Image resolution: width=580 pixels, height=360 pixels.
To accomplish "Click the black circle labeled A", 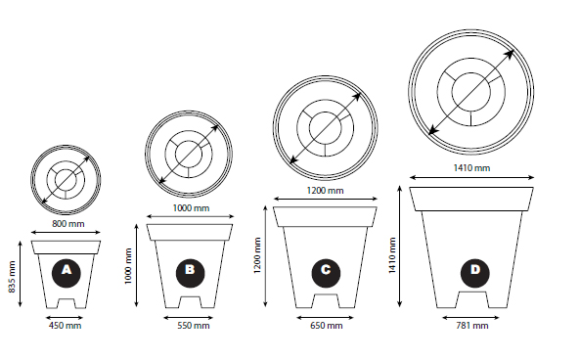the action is click(x=67, y=273).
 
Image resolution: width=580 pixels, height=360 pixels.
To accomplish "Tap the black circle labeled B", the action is click(x=190, y=273).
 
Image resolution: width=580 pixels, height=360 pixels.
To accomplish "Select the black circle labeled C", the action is click(x=326, y=273).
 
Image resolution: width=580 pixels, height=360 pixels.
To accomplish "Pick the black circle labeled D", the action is click(x=475, y=273).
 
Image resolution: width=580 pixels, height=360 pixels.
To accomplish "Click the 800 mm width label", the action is click(x=68, y=224).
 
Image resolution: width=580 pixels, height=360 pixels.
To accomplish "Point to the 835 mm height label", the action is click(x=12, y=277).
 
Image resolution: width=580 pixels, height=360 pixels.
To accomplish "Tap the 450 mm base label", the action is click(x=65, y=326).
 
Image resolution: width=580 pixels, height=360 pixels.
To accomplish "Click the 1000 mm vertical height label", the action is click(x=128, y=266).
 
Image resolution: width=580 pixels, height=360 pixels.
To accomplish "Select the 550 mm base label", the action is click(x=193, y=326).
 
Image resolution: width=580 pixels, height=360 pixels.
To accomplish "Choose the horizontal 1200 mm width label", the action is click(x=325, y=191).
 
